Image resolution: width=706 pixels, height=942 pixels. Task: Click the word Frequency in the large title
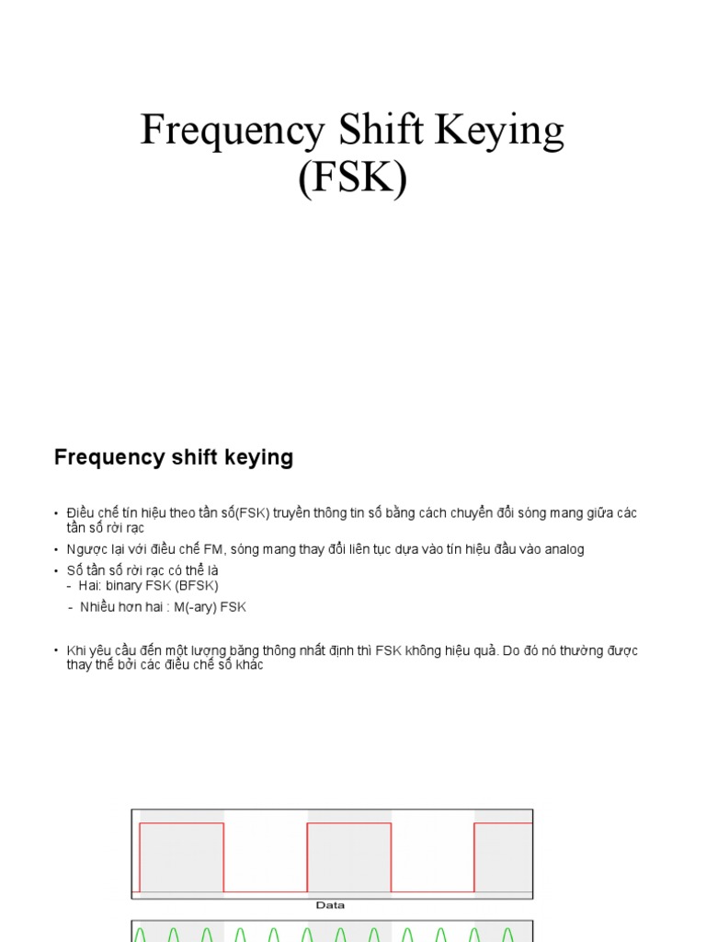pyautogui.click(x=231, y=131)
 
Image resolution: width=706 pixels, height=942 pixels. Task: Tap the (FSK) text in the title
pyautogui.click(x=352, y=177)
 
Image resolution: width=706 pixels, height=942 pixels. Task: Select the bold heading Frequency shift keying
pyautogui.click(x=174, y=457)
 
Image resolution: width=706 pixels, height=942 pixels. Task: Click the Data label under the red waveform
pyautogui.click(x=330, y=905)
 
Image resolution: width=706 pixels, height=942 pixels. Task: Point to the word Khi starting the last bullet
pyautogui.click(x=75, y=650)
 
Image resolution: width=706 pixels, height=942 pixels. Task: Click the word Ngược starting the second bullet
pyautogui.click(x=85, y=549)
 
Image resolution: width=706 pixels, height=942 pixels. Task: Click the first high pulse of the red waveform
pyautogui.click(x=181, y=823)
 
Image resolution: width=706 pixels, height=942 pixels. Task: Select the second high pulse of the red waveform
pyautogui.click(x=348, y=823)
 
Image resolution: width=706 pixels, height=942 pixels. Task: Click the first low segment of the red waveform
pyautogui.click(x=265, y=890)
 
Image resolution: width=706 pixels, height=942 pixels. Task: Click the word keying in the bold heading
pyautogui.click(x=262, y=457)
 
